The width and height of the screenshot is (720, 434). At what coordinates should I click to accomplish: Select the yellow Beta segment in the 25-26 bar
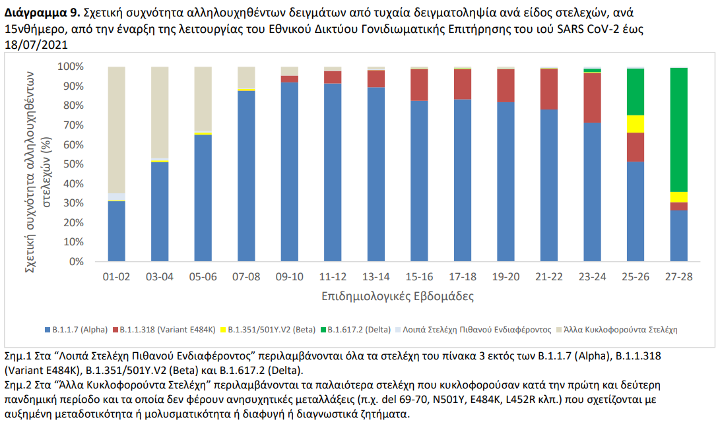(x=635, y=124)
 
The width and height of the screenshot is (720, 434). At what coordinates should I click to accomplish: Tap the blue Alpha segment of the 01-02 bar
(x=116, y=231)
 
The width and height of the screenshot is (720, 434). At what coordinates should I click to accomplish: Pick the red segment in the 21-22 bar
(x=548, y=88)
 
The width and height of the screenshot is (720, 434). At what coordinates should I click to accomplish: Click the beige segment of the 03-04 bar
(x=160, y=112)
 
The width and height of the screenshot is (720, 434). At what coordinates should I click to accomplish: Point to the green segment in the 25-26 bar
(x=635, y=92)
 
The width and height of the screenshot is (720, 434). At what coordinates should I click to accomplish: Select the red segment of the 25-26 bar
(x=635, y=147)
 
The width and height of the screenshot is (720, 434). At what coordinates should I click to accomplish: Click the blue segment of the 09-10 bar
(x=289, y=171)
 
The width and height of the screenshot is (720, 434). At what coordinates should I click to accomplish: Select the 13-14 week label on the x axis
(x=376, y=277)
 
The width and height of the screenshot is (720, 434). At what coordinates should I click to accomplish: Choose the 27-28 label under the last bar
(x=678, y=277)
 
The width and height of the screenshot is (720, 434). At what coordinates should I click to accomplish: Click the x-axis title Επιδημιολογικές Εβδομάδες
(x=397, y=296)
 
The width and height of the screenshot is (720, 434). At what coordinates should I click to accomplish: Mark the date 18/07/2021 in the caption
(x=36, y=44)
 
